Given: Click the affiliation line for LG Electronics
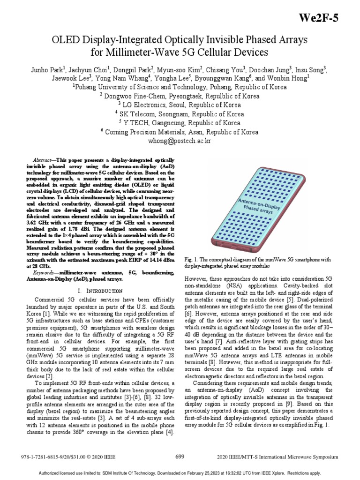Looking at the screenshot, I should (180, 105).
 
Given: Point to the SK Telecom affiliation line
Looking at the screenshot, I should (180, 114).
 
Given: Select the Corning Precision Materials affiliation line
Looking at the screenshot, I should (180, 132).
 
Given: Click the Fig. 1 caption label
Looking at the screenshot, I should (192, 259).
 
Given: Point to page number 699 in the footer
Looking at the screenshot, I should (180, 456).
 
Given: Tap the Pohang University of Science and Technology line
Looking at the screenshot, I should (180, 87).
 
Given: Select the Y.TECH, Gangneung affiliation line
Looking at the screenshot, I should (180, 123).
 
